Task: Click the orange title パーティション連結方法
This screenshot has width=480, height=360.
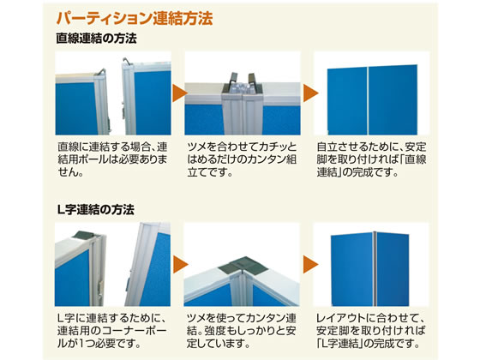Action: click(135, 18)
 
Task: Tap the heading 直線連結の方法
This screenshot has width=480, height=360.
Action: click(96, 39)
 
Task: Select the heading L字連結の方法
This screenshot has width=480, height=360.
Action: click(96, 210)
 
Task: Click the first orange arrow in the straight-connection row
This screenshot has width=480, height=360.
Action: click(180, 93)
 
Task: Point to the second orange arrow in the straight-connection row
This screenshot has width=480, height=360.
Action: click(310, 93)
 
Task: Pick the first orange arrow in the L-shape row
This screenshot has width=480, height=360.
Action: click(180, 265)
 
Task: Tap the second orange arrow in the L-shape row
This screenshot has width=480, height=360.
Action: click(310, 265)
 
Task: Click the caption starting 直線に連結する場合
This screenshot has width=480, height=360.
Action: click(112, 159)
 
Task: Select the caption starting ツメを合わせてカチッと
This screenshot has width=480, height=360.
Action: click(242, 159)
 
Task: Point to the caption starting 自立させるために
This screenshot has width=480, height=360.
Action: click(372, 159)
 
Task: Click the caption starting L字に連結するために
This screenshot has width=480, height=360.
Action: click(112, 331)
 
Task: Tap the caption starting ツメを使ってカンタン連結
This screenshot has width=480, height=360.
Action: click(241, 331)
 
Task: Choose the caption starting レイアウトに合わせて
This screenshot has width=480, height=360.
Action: click(371, 331)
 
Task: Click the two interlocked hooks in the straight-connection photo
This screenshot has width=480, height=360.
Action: click(243, 82)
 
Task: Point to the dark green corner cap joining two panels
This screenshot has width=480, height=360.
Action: click(243, 266)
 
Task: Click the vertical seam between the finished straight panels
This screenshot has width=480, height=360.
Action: click(368, 101)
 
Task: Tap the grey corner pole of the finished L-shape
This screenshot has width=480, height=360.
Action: click(375, 269)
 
